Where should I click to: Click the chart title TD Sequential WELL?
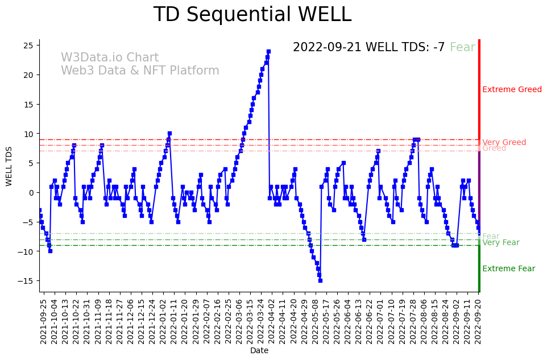click(x=252, y=15)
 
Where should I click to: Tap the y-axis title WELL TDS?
click(x=9, y=165)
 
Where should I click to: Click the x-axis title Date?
click(x=259, y=351)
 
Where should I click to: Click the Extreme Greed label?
click(x=512, y=90)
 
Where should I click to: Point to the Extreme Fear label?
click(x=508, y=269)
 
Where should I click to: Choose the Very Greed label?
click(x=504, y=143)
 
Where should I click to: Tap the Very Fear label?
click(x=500, y=243)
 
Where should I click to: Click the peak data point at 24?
click(x=268, y=51)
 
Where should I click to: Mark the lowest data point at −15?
click(x=320, y=280)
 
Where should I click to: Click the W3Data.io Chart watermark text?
click(x=110, y=58)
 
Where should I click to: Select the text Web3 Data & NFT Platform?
click(x=140, y=71)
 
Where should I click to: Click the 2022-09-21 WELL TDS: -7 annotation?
click(x=368, y=48)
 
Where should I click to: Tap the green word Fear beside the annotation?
click(x=462, y=48)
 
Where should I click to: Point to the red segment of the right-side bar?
click(x=479, y=91)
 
